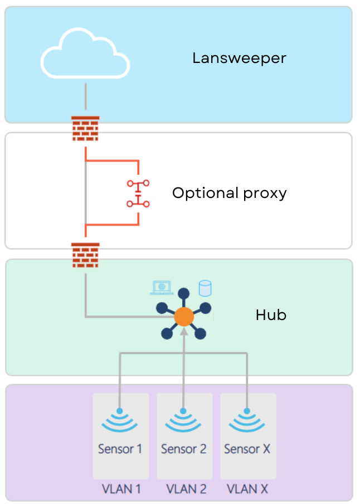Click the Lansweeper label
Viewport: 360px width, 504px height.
click(239, 58)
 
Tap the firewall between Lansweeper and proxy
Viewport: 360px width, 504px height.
click(85, 129)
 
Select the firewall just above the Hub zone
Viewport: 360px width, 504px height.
click(85, 255)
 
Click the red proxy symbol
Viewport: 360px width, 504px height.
click(138, 193)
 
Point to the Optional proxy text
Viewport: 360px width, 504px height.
click(229, 193)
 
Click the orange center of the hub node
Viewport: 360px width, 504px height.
click(183, 317)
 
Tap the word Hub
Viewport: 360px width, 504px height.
click(271, 315)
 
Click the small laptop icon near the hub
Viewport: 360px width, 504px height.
click(162, 287)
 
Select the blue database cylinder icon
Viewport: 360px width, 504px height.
click(205, 288)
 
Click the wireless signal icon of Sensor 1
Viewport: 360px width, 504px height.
click(119, 421)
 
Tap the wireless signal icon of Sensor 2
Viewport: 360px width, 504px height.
click(183, 421)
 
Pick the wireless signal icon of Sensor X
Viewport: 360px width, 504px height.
click(247, 421)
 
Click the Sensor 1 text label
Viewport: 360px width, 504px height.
click(119, 449)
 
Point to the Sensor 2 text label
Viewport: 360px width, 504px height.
click(183, 449)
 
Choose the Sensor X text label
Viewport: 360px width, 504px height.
click(247, 449)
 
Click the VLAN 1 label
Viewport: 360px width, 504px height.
click(121, 489)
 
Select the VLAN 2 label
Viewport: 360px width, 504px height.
click(186, 489)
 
